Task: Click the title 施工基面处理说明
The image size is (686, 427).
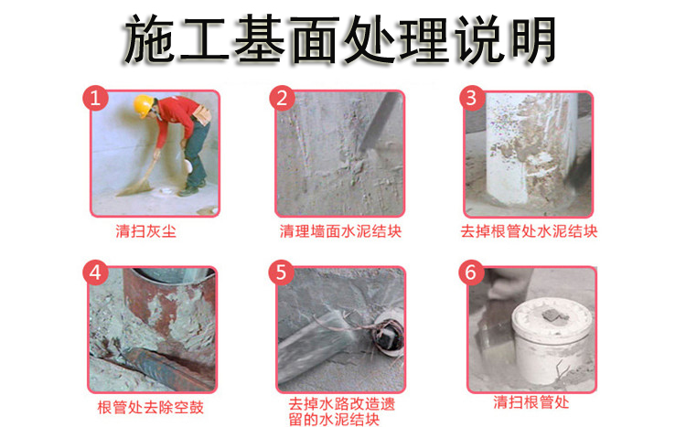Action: (x=340, y=40)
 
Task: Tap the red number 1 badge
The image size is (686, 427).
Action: (x=95, y=98)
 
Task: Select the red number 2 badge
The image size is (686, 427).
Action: (x=282, y=98)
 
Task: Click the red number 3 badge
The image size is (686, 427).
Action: (x=472, y=98)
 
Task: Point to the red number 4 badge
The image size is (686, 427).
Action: (x=95, y=272)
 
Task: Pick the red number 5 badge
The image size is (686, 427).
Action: (x=281, y=272)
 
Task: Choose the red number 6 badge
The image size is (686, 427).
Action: (x=471, y=272)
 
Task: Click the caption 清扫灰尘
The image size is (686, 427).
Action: (x=145, y=231)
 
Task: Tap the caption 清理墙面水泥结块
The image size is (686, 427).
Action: (x=340, y=231)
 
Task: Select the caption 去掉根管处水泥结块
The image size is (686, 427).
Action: (x=529, y=231)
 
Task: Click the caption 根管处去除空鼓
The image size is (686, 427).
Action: (x=151, y=407)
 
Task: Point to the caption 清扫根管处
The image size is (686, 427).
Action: (x=531, y=401)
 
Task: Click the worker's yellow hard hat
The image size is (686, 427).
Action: (x=143, y=106)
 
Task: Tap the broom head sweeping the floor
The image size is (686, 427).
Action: (x=135, y=188)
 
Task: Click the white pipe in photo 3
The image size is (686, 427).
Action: (x=531, y=149)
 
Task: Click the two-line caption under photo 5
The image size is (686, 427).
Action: (x=341, y=411)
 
